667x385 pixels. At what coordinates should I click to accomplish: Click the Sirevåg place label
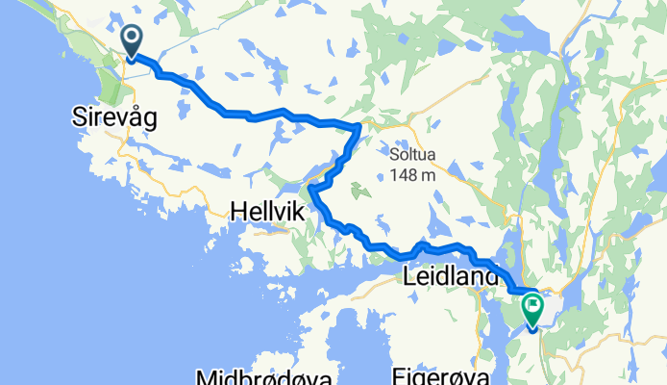[115, 116]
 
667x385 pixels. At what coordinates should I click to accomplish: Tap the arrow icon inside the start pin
[131, 38]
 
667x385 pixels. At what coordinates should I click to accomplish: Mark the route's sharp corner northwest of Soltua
[358, 126]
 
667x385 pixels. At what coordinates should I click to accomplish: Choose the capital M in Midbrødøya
[205, 376]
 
